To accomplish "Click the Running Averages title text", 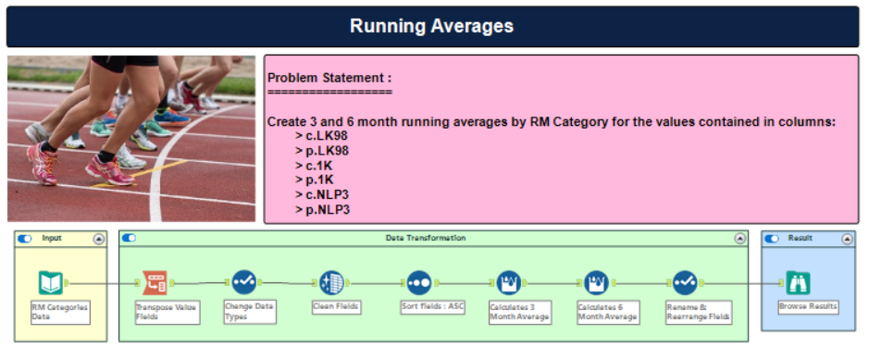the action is point(432,26).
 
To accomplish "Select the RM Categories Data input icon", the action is point(51,283).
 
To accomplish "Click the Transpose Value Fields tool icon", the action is point(155,283).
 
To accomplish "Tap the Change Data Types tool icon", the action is point(243,282).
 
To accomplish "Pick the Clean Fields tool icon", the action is point(331,282).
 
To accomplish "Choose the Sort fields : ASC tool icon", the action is point(419,282).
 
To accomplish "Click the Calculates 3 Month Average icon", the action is point(508,282).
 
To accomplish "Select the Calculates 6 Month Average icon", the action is point(596,282).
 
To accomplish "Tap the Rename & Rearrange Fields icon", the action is point(685,282).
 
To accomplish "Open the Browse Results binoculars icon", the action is point(798,283).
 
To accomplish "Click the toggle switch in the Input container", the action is point(24,239).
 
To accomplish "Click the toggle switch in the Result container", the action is point(772,239).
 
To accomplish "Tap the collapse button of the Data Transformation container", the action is point(739,239).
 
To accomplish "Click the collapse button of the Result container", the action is point(847,239).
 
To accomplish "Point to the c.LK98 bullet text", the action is point(322,136).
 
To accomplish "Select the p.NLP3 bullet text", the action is point(323,210).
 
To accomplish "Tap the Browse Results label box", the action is point(808,307).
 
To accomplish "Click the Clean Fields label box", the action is point(337,307).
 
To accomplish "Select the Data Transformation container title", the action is point(426,238).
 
